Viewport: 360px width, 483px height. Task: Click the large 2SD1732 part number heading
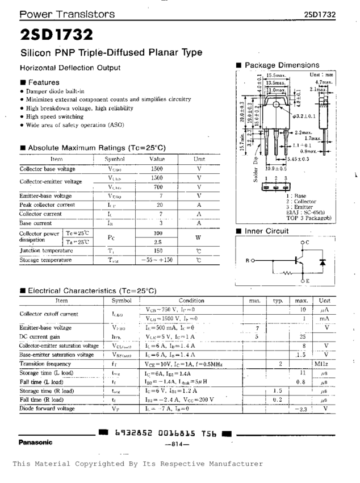coord(56,35)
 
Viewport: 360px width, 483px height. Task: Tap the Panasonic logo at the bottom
coord(35,442)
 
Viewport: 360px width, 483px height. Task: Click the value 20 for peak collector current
coord(160,205)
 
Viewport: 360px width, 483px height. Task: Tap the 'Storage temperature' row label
coord(45,260)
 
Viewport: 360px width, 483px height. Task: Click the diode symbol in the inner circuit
coord(323,263)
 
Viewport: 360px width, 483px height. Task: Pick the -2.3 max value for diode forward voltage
coord(301,409)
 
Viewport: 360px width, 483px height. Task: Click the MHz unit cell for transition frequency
coord(324,363)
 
